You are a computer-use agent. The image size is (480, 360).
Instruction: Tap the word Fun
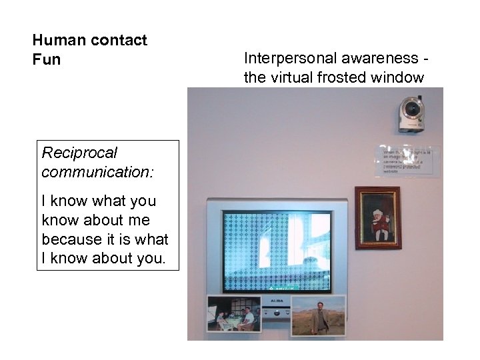point(46,59)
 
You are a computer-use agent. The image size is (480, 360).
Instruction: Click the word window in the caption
point(401,77)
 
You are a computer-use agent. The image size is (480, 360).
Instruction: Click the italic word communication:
point(97,172)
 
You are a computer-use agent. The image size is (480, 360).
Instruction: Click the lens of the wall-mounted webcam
point(414,107)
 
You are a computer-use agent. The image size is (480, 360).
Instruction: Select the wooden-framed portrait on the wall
point(377,217)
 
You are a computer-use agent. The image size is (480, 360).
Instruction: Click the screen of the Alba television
point(277,251)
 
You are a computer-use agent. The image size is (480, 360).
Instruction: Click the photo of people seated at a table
point(233,314)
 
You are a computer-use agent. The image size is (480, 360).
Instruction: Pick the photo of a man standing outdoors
point(319,315)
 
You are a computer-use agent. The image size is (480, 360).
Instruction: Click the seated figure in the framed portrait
point(378,225)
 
